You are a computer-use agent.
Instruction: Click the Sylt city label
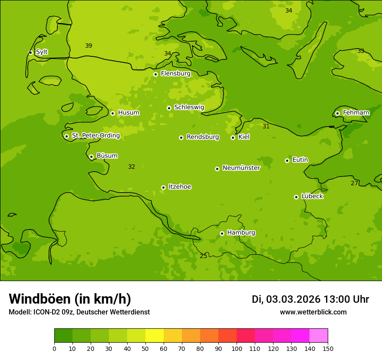pyautogui.click(x=42, y=52)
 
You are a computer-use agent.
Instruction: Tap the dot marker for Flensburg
pyautogui.click(x=155, y=74)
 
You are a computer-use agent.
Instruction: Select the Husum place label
pyautogui.click(x=128, y=113)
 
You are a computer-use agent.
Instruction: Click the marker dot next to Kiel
pyautogui.click(x=233, y=137)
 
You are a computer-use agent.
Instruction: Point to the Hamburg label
pyautogui.click(x=241, y=233)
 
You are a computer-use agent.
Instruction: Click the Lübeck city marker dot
pyautogui.click(x=296, y=197)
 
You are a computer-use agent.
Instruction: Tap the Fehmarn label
pyautogui.click(x=356, y=113)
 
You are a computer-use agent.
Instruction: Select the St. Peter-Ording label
pyautogui.click(x=95, y=136)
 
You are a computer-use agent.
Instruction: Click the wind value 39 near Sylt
pyautogui.click(x=89, y=46)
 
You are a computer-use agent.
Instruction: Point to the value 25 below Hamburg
pyautogui.click(x=203, y=256)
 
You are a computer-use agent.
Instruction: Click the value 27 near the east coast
pyautogui.click(x=354, y=183)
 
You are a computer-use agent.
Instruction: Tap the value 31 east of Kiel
pyautogui.click(x=266, y=126)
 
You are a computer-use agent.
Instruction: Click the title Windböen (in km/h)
pyautogui.click(x=70, y=299)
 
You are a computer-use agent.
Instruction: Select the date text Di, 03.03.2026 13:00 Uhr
pyautogui.click(x=310, y=299)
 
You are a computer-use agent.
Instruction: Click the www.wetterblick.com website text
pyautogui.click(x=313, y=312)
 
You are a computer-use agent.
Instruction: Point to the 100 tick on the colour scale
pyautogui.click(x=237, y=348)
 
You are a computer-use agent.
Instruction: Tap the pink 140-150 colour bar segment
pyautogui.click(x=319, y=336)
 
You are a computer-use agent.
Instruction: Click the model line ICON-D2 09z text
pyautogui.click(x=79, y=312)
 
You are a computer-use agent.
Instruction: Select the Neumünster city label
pyautogui.click(x=241, y=168)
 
